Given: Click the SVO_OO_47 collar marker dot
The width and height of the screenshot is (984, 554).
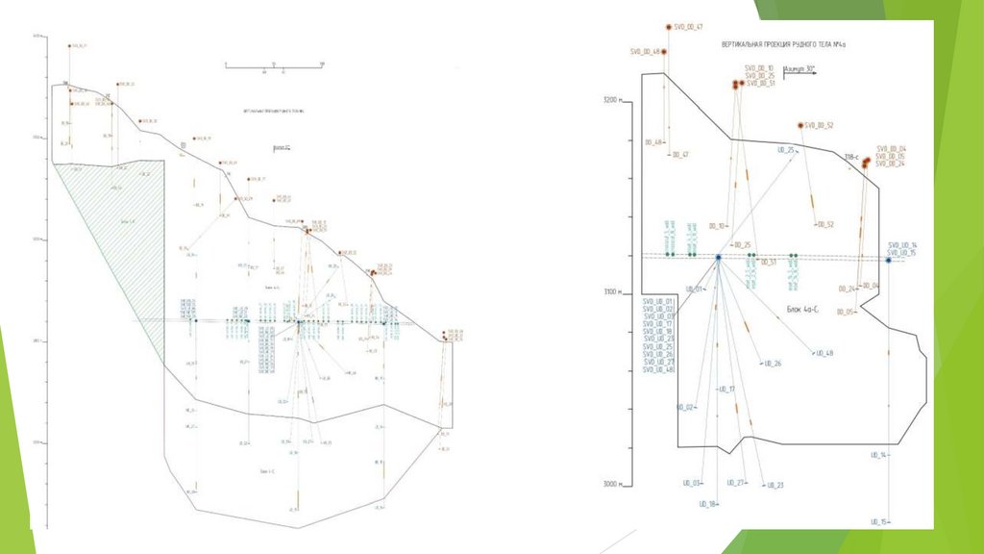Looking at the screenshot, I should [667, 27].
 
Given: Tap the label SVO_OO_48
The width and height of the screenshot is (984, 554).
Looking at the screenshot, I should [644, 52].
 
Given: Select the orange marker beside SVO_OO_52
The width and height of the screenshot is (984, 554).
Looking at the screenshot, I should [800, 126].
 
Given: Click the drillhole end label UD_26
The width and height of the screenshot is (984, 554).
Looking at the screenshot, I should [773, 364].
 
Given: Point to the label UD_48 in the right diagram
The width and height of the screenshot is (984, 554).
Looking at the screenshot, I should [824, 354].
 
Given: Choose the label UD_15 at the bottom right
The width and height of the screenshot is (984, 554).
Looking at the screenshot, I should [878, 521].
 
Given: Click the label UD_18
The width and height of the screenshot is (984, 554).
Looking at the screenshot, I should [707, 504].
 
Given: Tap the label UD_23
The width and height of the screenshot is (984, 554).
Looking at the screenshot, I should [774, 485].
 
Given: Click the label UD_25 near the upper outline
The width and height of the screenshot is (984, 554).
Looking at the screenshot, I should [785, 150].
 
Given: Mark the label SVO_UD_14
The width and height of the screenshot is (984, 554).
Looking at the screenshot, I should [902, 245].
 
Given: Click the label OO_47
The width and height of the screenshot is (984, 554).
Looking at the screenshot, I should [680, 154].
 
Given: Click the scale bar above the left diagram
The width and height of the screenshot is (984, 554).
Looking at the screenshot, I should [274, 65].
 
